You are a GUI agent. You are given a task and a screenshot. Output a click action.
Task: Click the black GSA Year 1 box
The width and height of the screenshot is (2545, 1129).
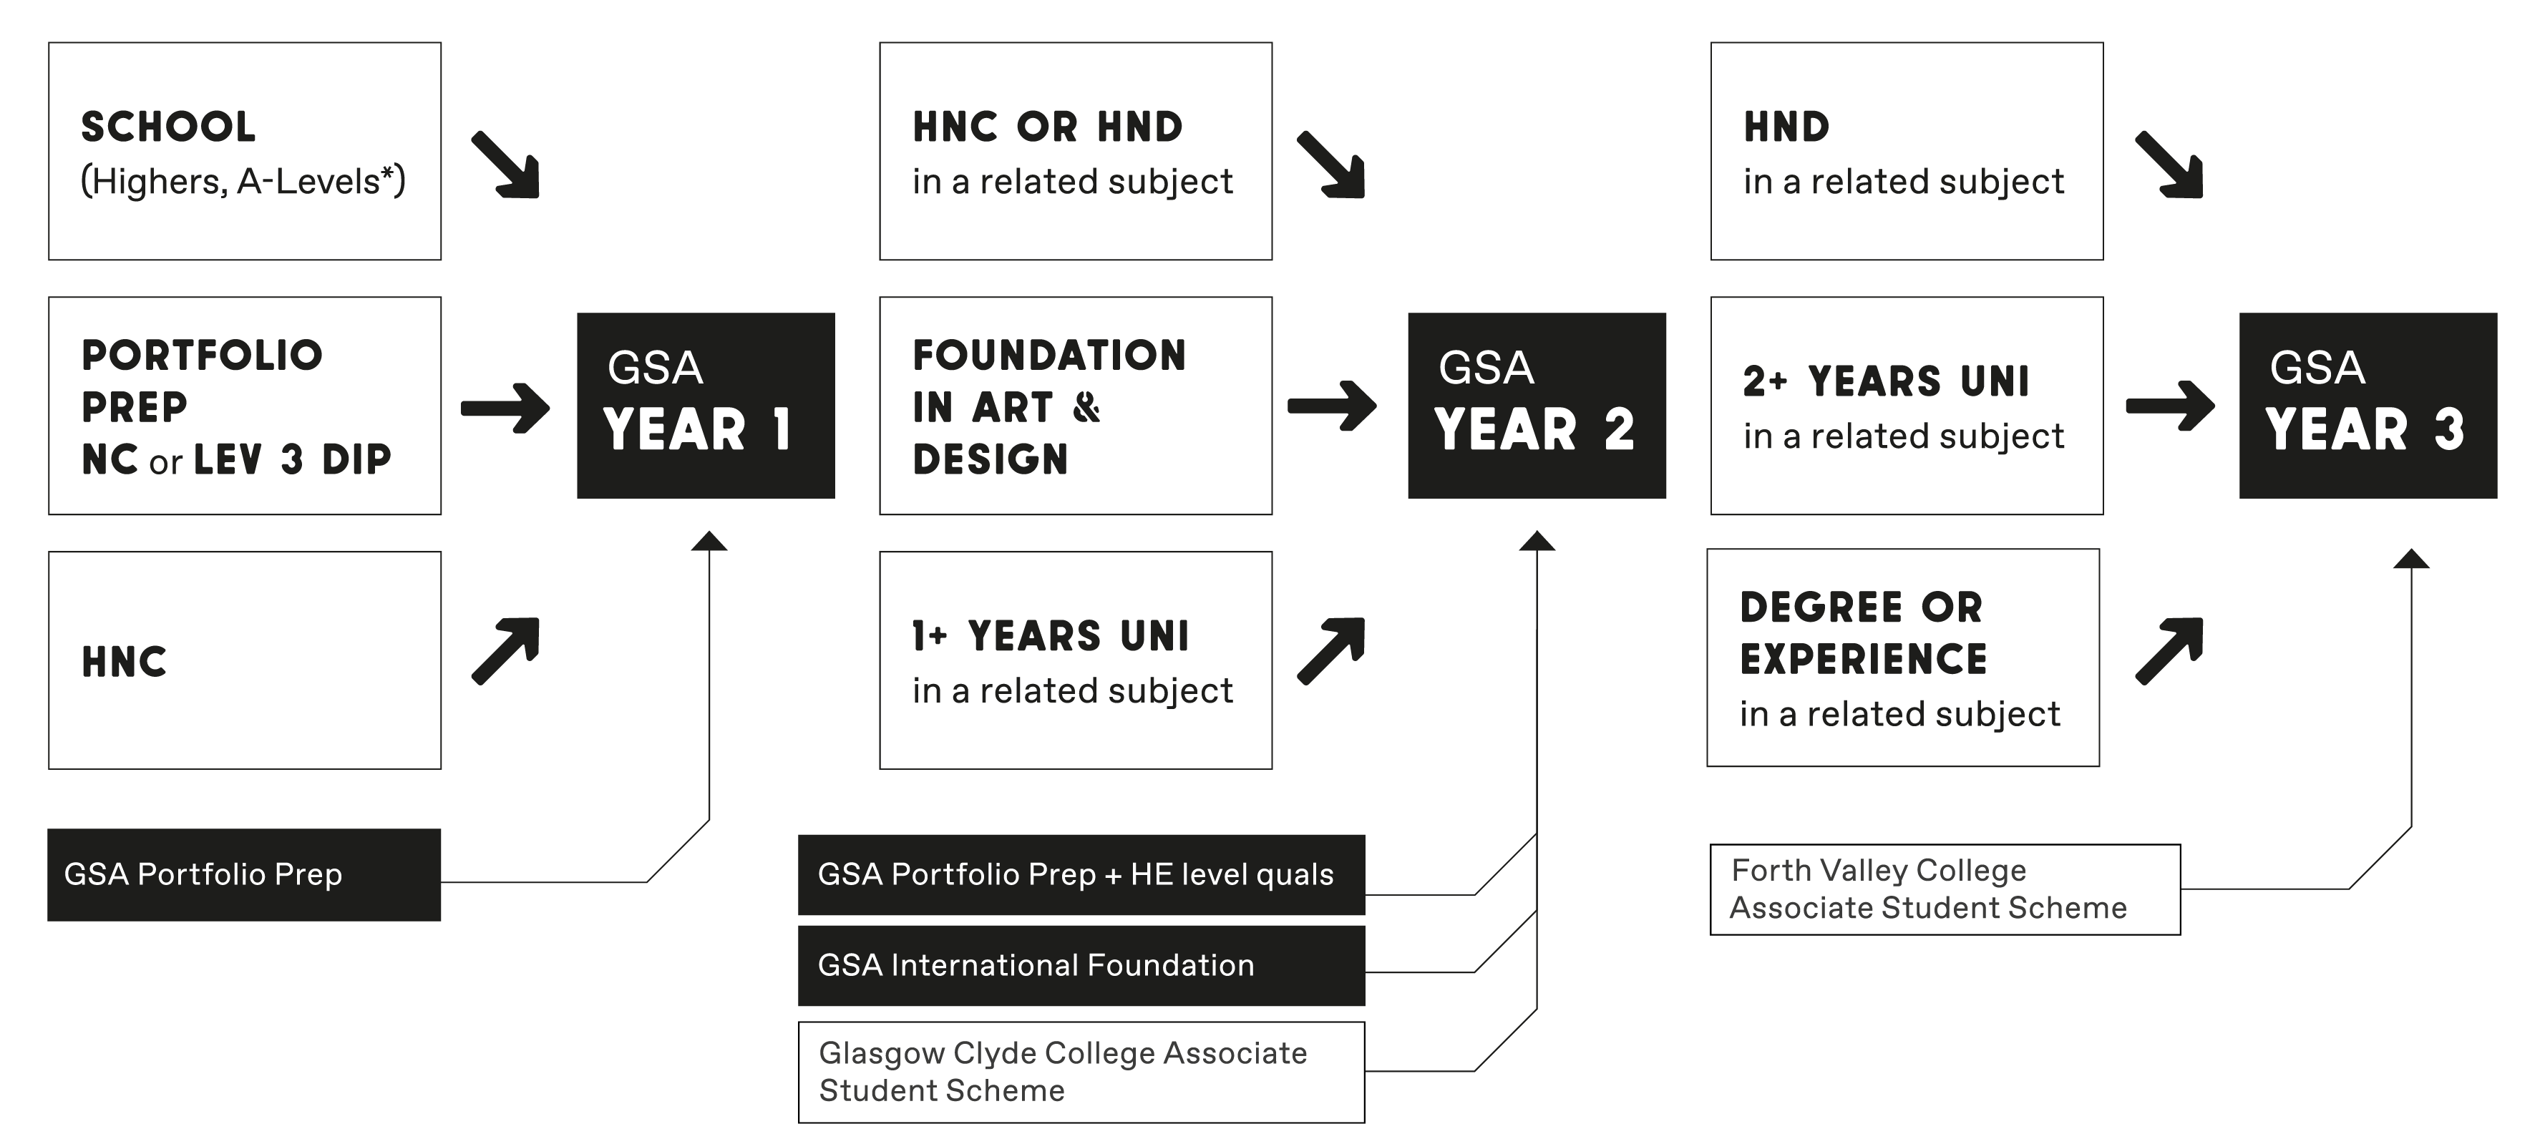pyautogui.click(x=706, y=405)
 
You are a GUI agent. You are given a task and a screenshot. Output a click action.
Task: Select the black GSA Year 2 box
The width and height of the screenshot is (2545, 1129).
pyautogui.click(x=1537, y=405)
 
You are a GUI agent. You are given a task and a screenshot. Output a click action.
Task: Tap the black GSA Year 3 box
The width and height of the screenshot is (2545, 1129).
pyautogui.click(x=2368, y=405)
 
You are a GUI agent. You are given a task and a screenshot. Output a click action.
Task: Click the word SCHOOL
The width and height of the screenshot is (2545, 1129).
pyautogui.click(x=168, y=127)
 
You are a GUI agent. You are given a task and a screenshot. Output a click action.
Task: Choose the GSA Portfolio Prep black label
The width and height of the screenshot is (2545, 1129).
pyautogui.click(x=244, y=874)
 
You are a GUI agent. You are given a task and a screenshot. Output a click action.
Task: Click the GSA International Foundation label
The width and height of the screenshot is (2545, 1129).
pyautogui.click(x=1081, y=965)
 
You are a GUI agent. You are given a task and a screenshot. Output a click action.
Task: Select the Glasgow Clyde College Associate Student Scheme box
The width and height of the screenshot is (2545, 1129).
pyautogui.click(x=1081, y=1072)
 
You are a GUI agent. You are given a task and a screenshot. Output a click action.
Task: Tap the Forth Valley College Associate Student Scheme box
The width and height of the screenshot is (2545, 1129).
pyautogui.click(x=1945, y=889)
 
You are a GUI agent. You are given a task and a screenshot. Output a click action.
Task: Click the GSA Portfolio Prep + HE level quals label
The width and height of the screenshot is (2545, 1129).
pyautogui.click(x=1081, y=874)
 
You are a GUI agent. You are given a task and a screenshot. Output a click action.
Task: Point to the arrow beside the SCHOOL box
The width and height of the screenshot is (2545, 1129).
pyautogui.click(x=506, y=165)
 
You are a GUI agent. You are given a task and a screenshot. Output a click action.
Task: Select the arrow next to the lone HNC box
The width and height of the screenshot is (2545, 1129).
pyautogui.click(x=506, y=650)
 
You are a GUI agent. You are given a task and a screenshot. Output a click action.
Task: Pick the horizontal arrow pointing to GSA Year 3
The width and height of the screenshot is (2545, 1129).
pyautogui.click(x=2169, y=406)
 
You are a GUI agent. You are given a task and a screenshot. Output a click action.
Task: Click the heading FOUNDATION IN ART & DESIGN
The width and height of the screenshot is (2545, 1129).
pyautogui.click(x=1049, y=407)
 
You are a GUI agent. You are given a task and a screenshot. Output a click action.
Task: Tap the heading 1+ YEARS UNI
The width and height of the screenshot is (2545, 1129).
pyautogui.click(x=1050, y=636)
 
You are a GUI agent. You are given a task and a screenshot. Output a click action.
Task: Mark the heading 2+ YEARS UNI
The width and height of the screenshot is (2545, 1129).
pyautogui.click(x=1886, y=381)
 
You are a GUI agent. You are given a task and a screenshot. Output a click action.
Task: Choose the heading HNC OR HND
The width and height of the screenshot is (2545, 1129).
pyautogui.click(x=1047, y=127)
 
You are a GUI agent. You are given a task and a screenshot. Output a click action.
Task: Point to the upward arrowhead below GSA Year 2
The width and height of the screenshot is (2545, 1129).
pyautogui.click(x=1537, y=542)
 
